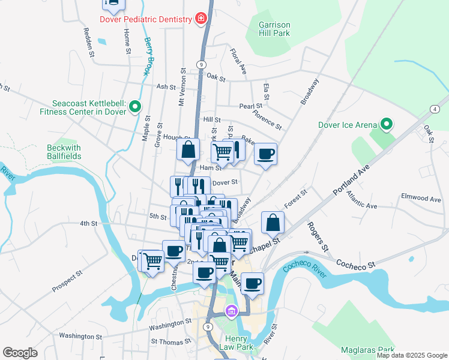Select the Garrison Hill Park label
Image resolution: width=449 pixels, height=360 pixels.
click(274, 29)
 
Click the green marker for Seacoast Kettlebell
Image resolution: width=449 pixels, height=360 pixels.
click(135, 107)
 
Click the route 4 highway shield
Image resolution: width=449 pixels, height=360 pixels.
click(433, 108)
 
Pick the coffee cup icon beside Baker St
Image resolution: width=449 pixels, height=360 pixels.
click(265, 154)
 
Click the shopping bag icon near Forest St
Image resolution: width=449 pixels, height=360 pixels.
click(273, 222)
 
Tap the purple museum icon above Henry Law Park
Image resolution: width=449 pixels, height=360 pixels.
click(231, 311)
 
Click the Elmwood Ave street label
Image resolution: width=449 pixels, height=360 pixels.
click(421, 198)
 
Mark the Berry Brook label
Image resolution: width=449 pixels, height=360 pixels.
click(148, 56)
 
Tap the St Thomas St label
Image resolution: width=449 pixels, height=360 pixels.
click(171, 341)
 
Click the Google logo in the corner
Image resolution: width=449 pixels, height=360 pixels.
click(20, 353)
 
